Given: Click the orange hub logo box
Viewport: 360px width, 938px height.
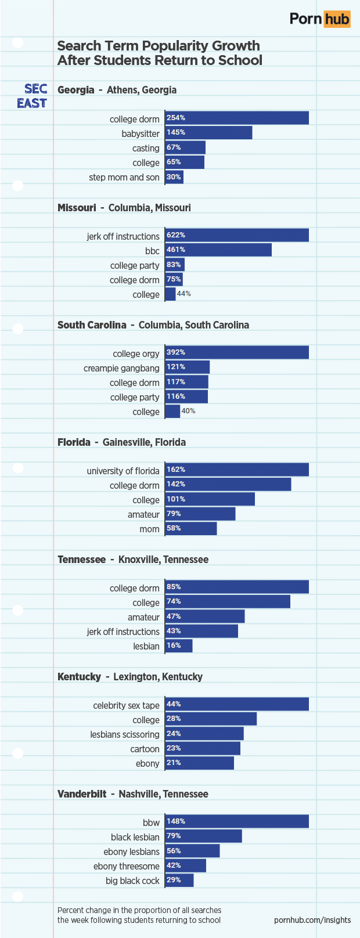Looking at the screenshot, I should pos(337,19).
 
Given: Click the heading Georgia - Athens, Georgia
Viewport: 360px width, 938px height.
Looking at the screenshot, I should pos(117,90).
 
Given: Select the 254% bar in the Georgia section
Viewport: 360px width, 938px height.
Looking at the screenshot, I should pos(236,118).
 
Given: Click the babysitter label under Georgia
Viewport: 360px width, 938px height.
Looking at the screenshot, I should pos(141,134).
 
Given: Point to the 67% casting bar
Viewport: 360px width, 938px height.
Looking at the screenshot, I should pos(185,147).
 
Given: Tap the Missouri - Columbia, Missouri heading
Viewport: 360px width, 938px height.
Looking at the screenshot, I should pos(124,208).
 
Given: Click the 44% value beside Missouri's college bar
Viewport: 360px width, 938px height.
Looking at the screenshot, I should pos(183,294).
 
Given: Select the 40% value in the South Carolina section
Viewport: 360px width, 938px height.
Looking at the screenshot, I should pos(188,411).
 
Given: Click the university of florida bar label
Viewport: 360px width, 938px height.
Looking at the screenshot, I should pos(123,471).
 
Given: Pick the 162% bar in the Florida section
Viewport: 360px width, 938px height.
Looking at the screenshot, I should pos(236,470).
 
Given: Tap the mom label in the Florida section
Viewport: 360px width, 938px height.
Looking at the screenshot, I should pos(149,529).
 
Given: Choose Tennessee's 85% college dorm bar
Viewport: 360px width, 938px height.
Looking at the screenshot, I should pos(236,587).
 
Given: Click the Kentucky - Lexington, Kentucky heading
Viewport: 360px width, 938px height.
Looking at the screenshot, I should pos(129,677).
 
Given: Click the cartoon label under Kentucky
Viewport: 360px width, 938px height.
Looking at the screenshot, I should pos(145,749).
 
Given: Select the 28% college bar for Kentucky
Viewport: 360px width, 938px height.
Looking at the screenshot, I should pos(211,719).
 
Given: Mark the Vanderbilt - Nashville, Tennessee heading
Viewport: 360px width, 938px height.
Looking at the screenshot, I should pos(132,794).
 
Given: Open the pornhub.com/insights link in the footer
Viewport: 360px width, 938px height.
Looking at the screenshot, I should pos(312,920).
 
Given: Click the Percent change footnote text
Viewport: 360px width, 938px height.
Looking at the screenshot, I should pos(139,915).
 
